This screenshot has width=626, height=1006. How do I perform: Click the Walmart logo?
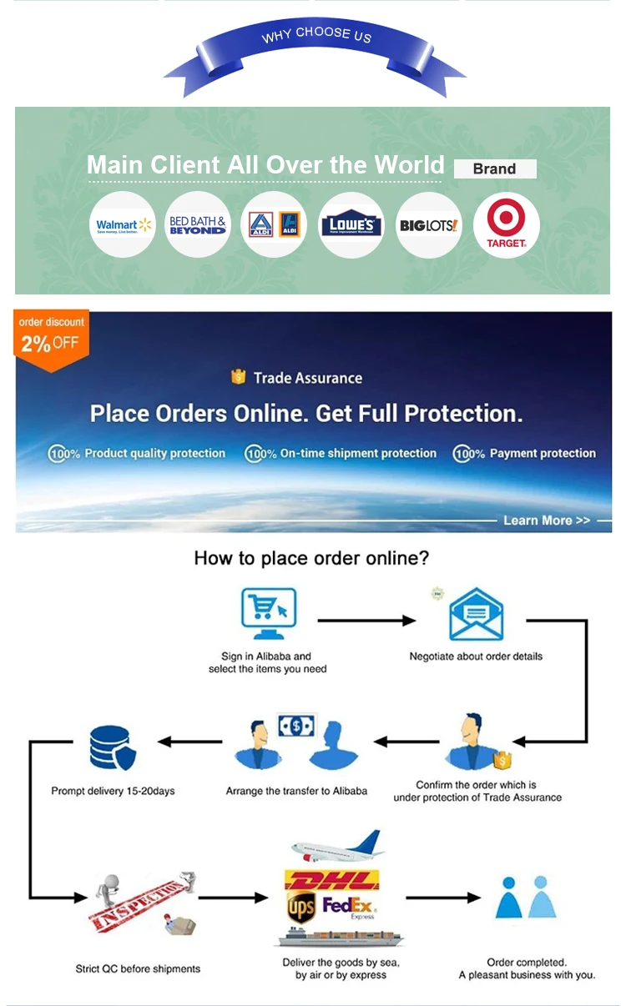coord(123,224)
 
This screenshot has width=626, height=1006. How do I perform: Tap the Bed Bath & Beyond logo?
coord(198,224)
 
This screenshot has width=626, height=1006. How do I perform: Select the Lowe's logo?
coord(351,225)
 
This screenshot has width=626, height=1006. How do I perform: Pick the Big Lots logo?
coord(428,224)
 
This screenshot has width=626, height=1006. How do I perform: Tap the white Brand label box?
coord(494,169)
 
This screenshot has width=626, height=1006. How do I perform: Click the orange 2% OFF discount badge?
coord(51,334)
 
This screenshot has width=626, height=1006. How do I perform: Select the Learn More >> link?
coord(547,521)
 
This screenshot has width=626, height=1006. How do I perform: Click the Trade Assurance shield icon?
coord(239,378)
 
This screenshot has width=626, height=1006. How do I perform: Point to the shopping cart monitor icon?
coord(267,613)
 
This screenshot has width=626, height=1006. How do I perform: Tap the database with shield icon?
coord(111,748)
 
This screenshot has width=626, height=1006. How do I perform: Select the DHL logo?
coord(331,880)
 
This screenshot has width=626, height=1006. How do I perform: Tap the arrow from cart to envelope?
coord(366,620)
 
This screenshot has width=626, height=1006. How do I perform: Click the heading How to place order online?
coord(311,557)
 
